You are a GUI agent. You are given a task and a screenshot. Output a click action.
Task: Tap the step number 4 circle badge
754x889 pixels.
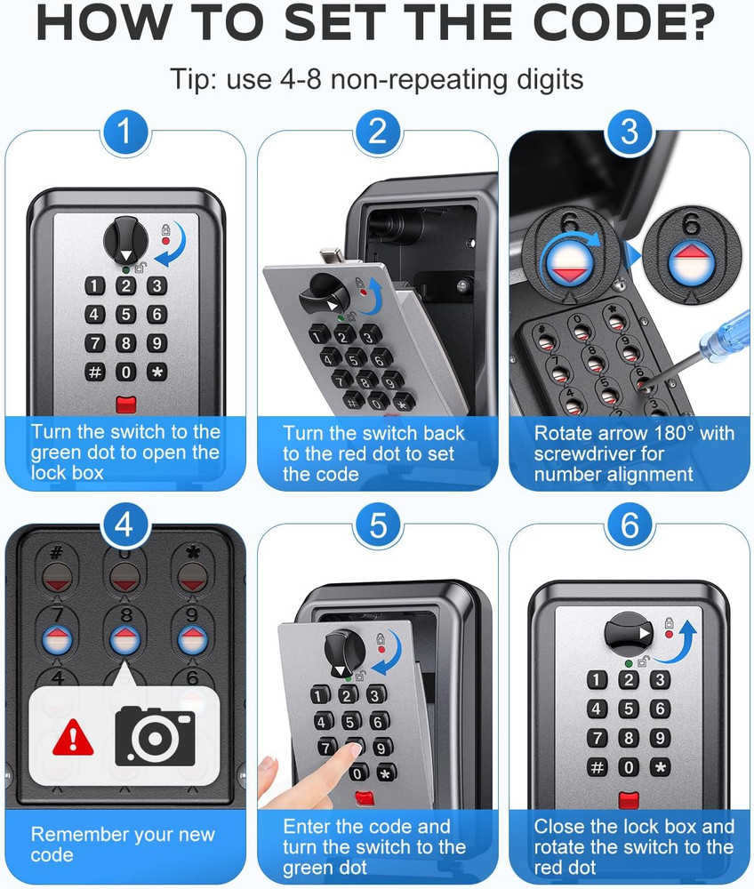(x=125, y=525)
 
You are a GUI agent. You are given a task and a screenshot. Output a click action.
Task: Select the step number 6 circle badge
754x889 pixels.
(x=630, y=525)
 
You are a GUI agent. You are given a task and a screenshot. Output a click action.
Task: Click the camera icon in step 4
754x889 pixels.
(x=155, y=736)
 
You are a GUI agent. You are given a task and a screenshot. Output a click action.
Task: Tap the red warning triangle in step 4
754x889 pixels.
(x=73, y=737)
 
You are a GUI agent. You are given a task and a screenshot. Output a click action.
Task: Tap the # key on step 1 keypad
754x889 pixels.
(x=94, y=372)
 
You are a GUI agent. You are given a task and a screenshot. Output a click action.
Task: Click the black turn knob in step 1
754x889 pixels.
(x=126, y=240)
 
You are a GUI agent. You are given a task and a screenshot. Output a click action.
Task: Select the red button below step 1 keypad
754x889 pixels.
(x=126, y=404)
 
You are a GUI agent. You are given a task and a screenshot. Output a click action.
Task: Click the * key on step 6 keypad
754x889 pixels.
(x=660, y=768)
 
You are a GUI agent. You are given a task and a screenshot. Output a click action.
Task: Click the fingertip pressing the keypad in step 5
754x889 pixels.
(x=353, y=749)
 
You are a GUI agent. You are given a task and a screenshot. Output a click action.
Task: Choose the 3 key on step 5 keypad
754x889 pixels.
(x=374, y=695)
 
